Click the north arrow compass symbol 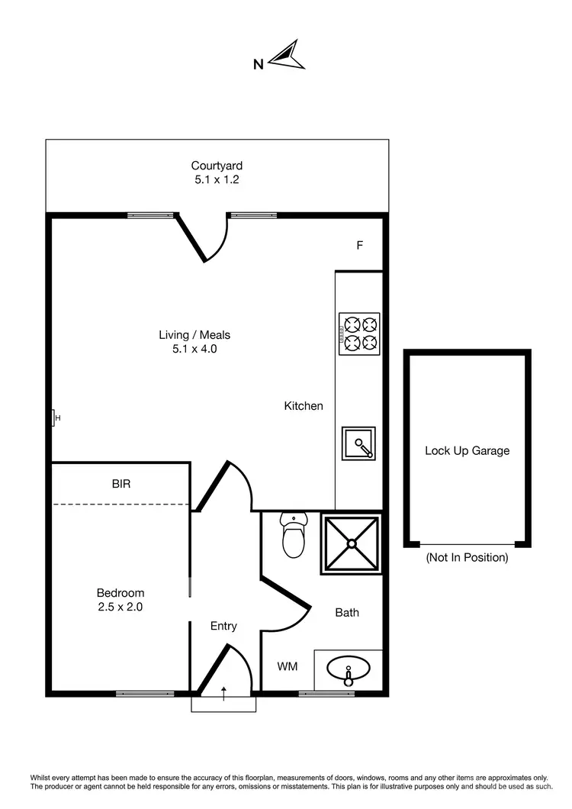click(291, 56)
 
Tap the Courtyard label click(217, 166)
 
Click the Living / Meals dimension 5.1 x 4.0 click(194, 349)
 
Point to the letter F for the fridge click(359, 246)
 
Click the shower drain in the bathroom click(352, 543)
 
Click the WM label click(287, 666)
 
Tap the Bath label click(347, 612)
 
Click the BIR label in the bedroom click(122, 483)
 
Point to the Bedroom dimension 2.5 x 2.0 click(120, 608)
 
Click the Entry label click(223, 626)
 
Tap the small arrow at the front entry click(223, 692)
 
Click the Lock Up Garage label click(467, 450)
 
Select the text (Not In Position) click(467, 557)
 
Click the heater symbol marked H click(55, 417)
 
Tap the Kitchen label click(304, 406)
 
